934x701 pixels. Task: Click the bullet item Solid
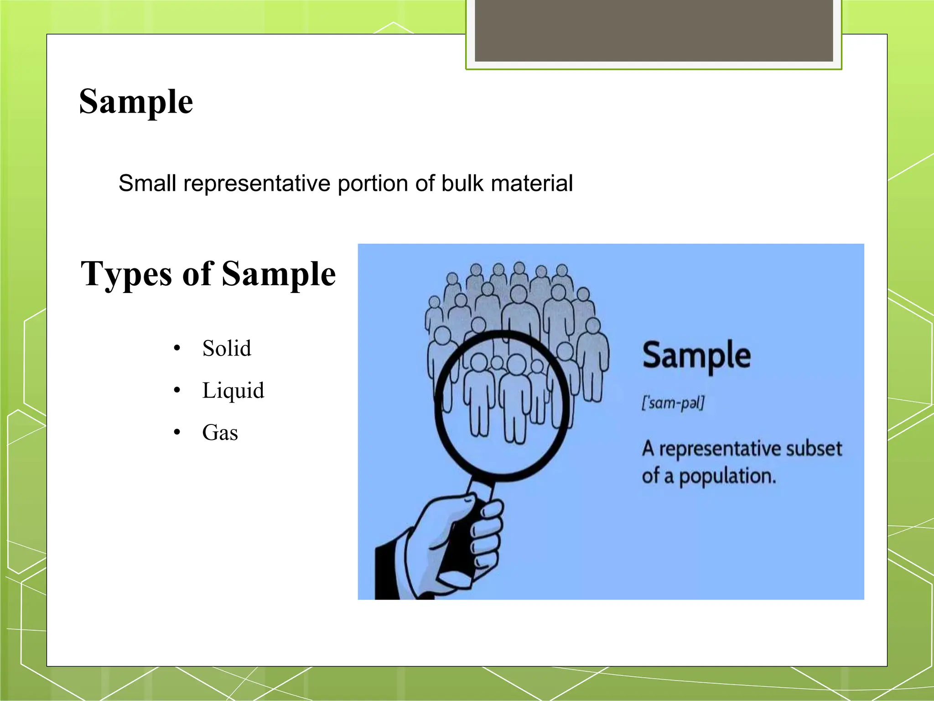(227, 349)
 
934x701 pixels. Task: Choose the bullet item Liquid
(233, 391)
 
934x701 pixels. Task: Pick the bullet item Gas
(220, 433)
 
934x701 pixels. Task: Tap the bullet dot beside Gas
(177, 433)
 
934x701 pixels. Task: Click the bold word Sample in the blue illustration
(696, 356)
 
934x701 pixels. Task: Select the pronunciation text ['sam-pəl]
(673, 403)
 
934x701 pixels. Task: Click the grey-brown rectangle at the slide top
(654, 30)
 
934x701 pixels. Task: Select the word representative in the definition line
(257, 183)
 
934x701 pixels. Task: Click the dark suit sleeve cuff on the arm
(388, 570)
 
